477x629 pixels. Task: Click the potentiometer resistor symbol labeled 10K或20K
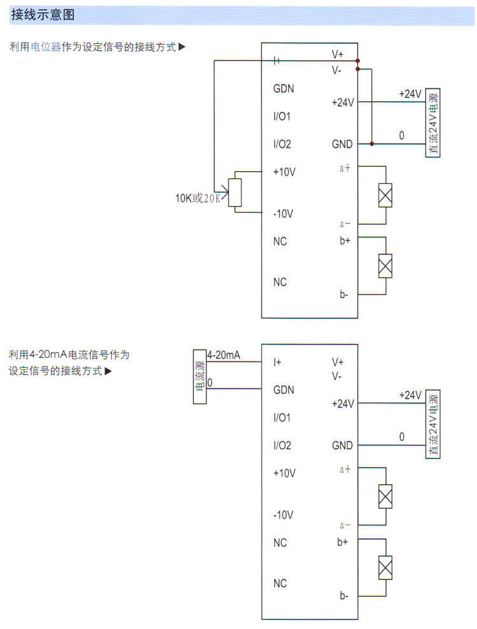coord(235,192)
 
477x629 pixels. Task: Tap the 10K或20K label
coord(198,198)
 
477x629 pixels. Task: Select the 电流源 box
coord(200,376)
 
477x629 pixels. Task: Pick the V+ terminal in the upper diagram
coord(338,55)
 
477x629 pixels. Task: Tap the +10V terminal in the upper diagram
coord(284,172)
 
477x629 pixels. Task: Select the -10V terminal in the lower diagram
coord(283,514)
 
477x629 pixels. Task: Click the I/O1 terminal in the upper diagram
coord(282,117)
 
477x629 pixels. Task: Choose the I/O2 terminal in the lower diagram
coord(282,446)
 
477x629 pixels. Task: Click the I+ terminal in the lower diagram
coord(277,362)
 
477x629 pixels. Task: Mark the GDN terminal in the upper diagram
coord(284,88)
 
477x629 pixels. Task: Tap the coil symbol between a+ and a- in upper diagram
coord(385,195)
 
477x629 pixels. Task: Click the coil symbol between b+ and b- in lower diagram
coord(385,567)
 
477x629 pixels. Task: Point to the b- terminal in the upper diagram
coord(343,294)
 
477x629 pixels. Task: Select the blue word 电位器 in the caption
coord(46,47)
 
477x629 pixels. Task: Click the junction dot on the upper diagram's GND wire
coord(371,144)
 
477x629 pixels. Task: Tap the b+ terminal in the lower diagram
coord(343,542)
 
